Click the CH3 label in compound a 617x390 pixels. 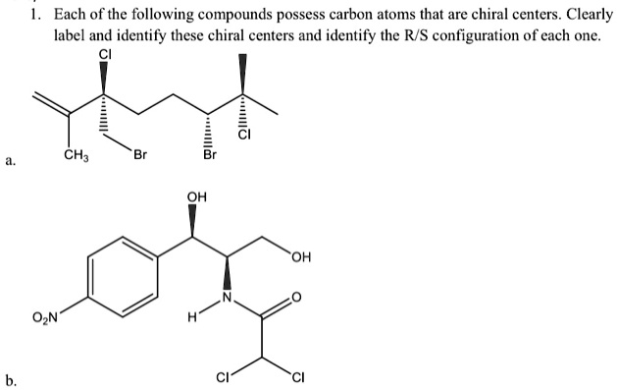click(75, 155)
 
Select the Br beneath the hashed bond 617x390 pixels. click(208, 155)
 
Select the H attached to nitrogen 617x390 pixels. click(195, 317)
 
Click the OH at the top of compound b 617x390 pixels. click(196, 196)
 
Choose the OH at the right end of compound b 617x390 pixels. click(303, 259)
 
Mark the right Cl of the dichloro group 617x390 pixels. click(295, 375)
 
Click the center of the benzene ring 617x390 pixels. click(125, 277)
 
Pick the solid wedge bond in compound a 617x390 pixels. click(242, 72)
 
